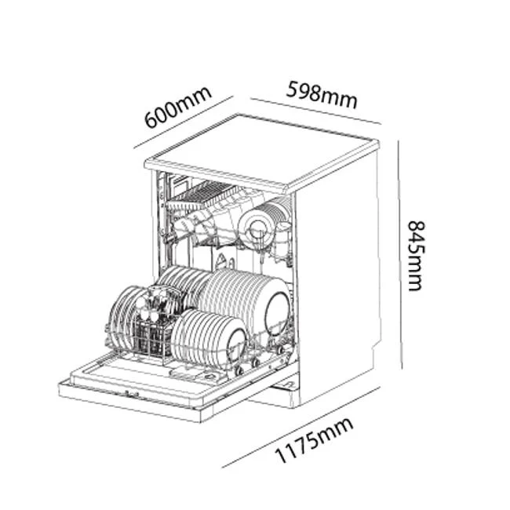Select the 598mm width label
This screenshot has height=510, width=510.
[x=322, y=95]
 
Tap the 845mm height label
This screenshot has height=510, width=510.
[x=417, y=256]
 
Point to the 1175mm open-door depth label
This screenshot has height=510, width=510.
[x=314, y=440]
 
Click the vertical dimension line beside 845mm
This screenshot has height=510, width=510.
[x=400, y=255]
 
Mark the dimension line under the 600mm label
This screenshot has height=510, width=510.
[x=184, y=122]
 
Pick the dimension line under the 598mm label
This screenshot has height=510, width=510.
[x=315, y=111]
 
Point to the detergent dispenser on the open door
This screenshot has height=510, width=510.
[x=198, y=374]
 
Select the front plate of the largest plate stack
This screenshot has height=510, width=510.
[x=277, y=313]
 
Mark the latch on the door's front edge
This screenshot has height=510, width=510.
[x=133, y=395]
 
